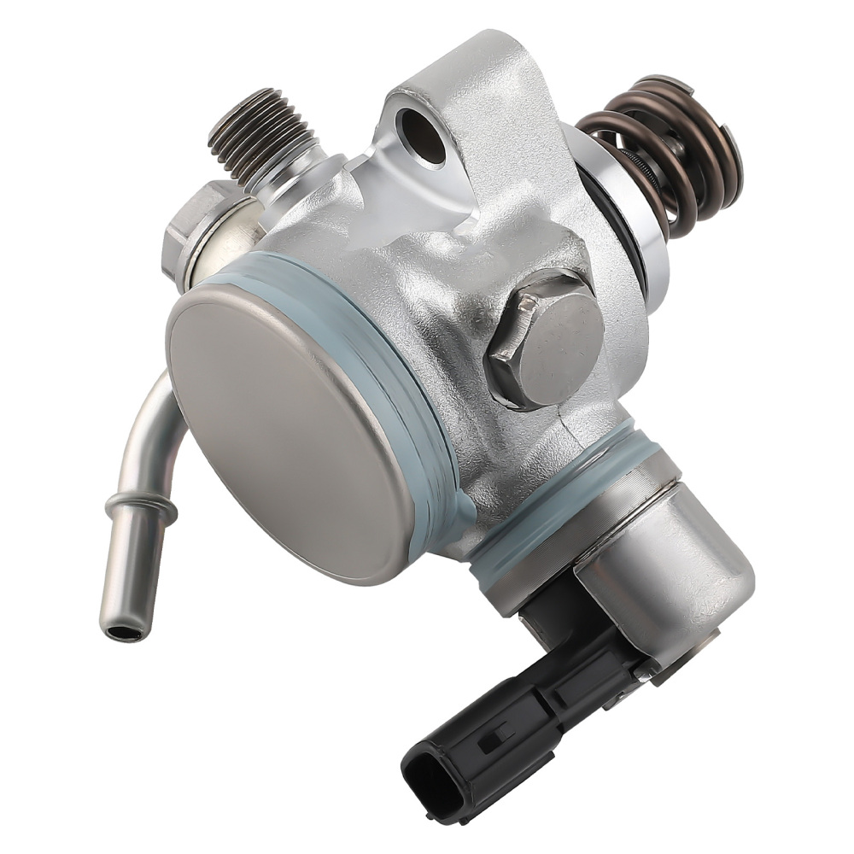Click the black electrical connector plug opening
click(424, 772)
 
